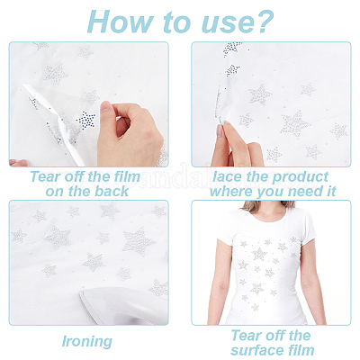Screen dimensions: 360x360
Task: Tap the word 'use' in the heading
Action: (223, 24)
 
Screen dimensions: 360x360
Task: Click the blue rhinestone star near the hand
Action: (85, 120)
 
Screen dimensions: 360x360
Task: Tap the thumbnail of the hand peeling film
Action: (89, 104)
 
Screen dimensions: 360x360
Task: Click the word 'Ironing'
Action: (87, 342)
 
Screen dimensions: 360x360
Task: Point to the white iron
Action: (123, 305)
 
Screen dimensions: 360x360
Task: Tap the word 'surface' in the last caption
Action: (256, 350)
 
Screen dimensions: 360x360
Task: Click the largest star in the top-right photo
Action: (295, 124)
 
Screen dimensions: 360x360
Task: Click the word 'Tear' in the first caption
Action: (43, 176)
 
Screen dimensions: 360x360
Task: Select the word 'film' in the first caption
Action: (128, 176)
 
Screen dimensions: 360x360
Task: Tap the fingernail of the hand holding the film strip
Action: (220, 130)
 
